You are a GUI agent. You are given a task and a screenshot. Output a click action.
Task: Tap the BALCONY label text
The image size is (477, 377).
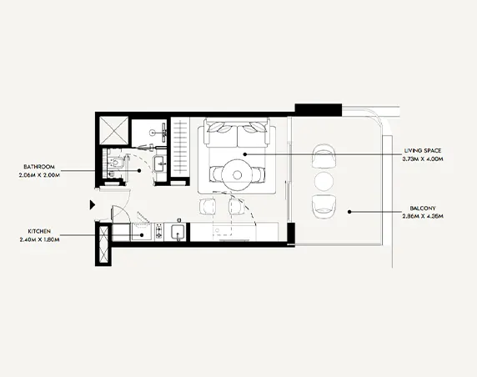point(422,209)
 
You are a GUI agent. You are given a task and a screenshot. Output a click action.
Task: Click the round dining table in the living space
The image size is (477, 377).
point(236,174)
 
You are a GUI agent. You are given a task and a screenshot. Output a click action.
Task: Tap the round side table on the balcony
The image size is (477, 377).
point(323,181)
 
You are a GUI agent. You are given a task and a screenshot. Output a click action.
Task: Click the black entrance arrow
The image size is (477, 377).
point(92,203)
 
